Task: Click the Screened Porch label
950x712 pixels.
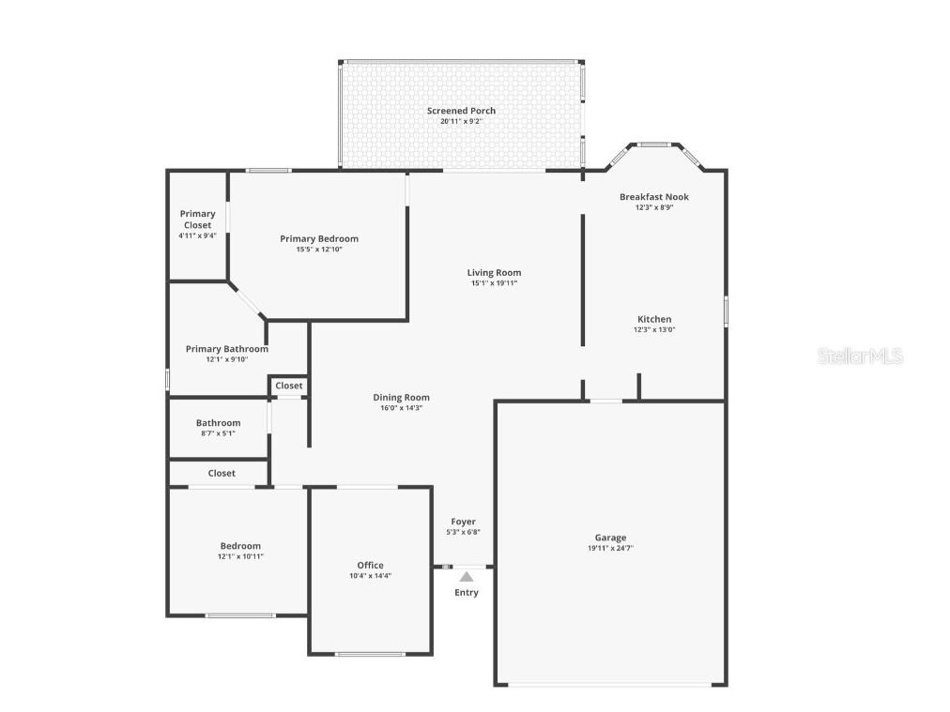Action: [461, 111]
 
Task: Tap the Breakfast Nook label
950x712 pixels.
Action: [653, 197]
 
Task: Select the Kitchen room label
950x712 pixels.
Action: [654, 319]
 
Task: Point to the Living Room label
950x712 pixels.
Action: [494, 273]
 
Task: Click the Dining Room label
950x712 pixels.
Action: [401, 398]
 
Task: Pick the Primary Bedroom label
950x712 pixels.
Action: [319, 238]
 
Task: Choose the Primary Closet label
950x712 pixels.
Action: [197, 220]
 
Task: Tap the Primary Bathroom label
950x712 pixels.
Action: [226, 349]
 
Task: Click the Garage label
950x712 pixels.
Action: [610, 538]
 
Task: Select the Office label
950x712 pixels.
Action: [370, 565]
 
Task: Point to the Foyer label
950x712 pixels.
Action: [463, 522]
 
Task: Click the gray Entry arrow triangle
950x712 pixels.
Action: [467, 577]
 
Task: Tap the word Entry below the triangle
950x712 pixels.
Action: [467, 592]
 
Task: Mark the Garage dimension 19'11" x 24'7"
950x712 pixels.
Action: [610, 548]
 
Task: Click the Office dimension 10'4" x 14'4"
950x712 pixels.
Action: [370, 576]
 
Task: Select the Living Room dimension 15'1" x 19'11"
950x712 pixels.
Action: [494, 283]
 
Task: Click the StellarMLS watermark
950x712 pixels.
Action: [860, 356]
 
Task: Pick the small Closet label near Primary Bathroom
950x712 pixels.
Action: [289, 386]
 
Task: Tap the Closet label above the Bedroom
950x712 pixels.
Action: [222, 473]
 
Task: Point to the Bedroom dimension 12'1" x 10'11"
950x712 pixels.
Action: [240, 556]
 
